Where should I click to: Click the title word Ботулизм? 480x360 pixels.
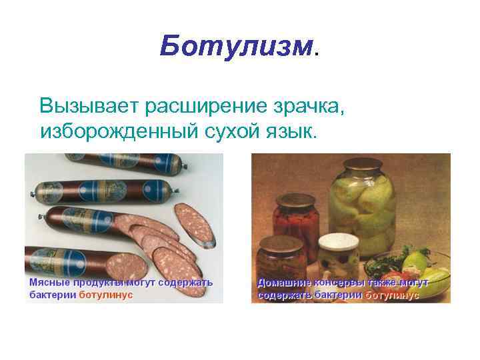(x=235, y=47)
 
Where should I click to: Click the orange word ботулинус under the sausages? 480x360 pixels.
(x=106, y=295)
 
